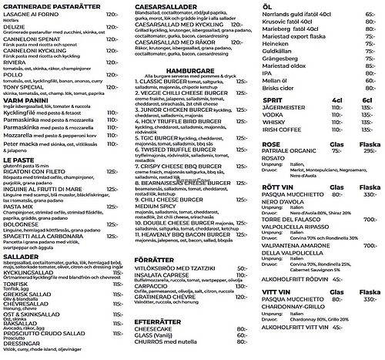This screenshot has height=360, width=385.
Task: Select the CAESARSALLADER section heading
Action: click(166, 5)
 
